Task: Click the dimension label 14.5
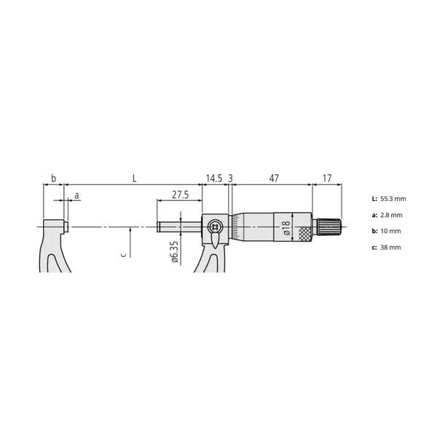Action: click(x=214, y=178)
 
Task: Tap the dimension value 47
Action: click(x=274, y=178)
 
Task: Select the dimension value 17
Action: click(x=327, y=178)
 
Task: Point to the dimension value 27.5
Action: click(x=180, y=194)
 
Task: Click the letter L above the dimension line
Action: click(x=134, y=178)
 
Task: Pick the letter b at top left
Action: click(x=53, y=178)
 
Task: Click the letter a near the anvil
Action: click(x=76, y=196)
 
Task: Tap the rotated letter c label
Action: click(x=124, y=254)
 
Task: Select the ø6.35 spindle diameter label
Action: click(x=175, y=252)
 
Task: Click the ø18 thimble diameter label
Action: click(x=286, y=227)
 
